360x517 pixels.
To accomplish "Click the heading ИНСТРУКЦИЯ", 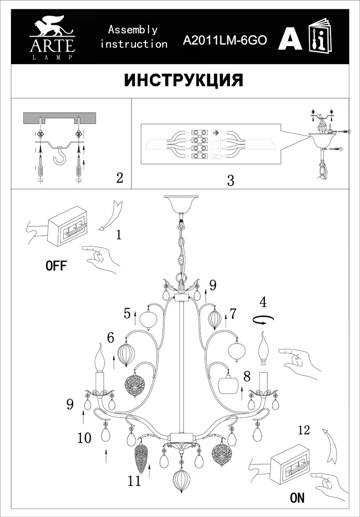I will click(184, 81).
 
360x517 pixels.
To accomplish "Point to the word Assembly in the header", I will click(132, 30).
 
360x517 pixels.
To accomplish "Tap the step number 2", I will click(119, 178).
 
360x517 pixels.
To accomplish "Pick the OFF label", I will click(56, 266).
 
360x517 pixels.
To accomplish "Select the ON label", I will click(297, 498).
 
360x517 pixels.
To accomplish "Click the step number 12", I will click(305, 429).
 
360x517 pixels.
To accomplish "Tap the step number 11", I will click(134, 481).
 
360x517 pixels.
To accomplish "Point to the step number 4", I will click(263, 301).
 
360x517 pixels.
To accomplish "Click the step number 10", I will click(84, 438).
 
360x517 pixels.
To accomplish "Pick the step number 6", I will click(111, 338).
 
